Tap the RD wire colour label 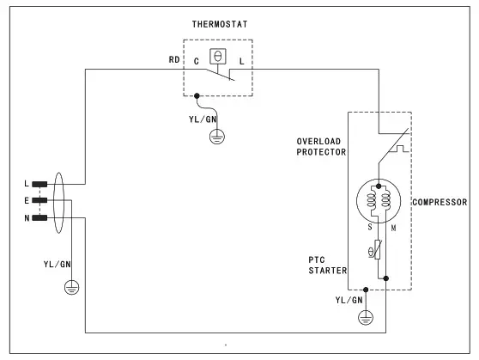[x=173, y=61]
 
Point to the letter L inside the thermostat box [x=241, y=61]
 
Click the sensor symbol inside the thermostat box [x=218, y=56]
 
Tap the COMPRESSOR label [x=440, y=203]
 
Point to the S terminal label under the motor [x=368, y=227]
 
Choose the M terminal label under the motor [x=392, y=227]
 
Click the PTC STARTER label [x=327, y=265]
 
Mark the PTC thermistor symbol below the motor [x=369, y=252]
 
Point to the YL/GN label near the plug [x=58, y=264]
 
